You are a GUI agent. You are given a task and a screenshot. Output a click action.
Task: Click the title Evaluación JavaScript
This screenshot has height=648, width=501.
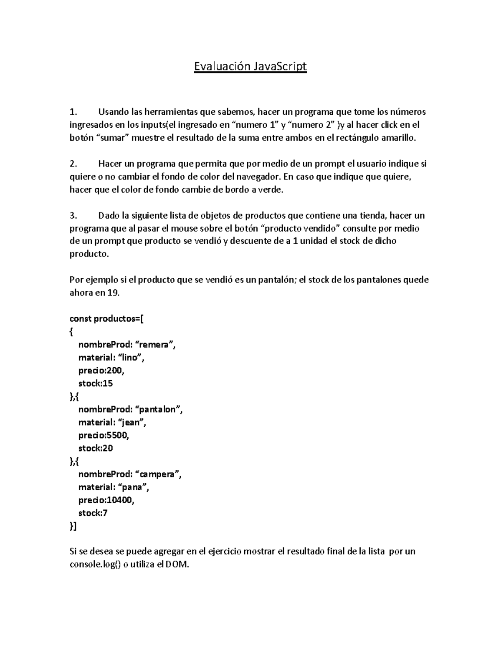[x=250, y=66]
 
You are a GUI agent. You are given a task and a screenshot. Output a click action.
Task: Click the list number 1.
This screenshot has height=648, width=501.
[x=73, y=112]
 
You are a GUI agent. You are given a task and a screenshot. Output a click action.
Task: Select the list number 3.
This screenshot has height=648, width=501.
[x=73, y=216]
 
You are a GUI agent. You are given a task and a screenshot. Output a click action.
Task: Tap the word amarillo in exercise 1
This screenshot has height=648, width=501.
[x=399, y=138]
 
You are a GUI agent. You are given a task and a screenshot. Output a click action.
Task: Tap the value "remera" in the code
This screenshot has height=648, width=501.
[x=156, y=345]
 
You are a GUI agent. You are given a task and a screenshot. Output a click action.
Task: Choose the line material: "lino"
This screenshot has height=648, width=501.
[x=113, y=358]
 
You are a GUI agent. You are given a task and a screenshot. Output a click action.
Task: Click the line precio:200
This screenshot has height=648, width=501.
[x=101, y=371]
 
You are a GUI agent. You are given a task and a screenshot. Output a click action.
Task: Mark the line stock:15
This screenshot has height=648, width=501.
[x=96, y=383]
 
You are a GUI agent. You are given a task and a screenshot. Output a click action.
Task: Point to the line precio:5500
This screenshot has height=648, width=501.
[x=104, y=435]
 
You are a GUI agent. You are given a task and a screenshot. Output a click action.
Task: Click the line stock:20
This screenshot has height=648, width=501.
[x=96, y=448]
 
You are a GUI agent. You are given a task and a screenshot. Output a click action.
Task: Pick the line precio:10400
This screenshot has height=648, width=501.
[x=106, y=500]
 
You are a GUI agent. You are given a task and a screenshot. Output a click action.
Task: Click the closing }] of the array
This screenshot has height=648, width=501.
[x=73, y=526]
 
